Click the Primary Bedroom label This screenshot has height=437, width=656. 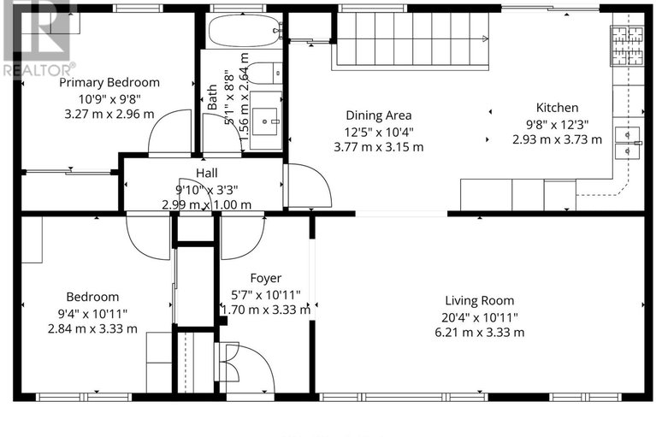tap(109, 83)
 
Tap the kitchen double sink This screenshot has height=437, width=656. tap(630, 142)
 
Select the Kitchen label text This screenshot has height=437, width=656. tap(557, 108)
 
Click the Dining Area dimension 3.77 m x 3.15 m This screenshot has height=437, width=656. tap(378, 147)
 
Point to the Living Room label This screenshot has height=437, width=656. tap(479, 300)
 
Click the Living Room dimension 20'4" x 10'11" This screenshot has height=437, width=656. tap(479, 316)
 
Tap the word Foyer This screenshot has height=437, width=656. tap(265, 278)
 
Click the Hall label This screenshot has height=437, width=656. tap(207, 173)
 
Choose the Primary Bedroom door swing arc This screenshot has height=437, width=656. tap(168, 133)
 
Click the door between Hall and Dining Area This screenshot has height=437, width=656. tap(306, 186)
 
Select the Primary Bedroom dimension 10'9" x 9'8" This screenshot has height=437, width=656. tap(109, 98)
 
